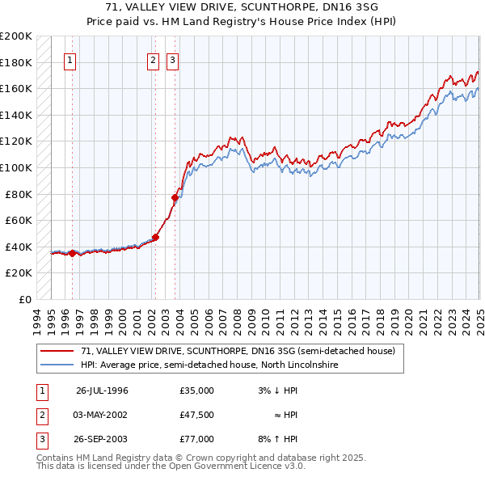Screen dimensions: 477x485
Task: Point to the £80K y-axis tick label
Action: coord(19,194)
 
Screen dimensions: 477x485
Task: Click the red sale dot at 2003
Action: coord(174,197)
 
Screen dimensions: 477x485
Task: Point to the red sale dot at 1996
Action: coord(72,253)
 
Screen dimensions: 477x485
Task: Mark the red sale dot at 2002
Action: coord(155,237)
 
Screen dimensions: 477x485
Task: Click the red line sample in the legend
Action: coord(57,352)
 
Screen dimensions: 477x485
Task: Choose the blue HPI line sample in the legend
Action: coord(57,365)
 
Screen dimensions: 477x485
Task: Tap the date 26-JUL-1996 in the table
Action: coord(102,390)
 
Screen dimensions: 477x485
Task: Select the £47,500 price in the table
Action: coord(197,415)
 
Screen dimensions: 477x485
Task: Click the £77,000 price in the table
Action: coord(197,439)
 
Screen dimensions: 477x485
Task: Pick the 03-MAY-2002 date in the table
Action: coord(101,415)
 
